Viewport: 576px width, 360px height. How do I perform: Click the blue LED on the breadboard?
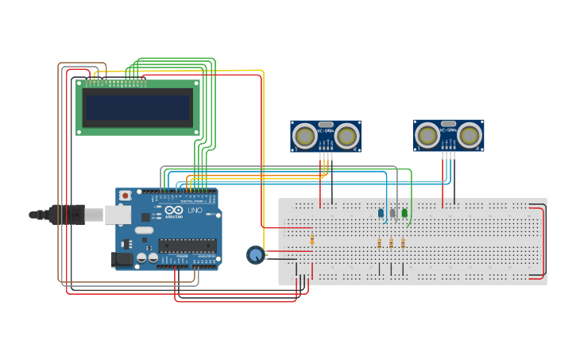pyautogui.click(x=381, y=213)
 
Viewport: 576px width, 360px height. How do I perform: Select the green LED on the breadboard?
pyautogui.click(x=404, y=213)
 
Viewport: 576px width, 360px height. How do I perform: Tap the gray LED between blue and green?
pyautogui.click(x=392, y=213)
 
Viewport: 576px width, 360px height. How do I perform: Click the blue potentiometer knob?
pyautogui.click(x=255, y=254)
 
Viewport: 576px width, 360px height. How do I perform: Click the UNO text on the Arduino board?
pyautogui.click(x=195, y=210)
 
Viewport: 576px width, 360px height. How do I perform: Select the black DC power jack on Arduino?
pyautogui.click(x=122, y=259)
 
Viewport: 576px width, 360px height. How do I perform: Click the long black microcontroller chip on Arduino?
pyautogui.click(x=187, y=245)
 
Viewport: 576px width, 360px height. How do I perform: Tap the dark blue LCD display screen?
pyautogui.click(x=138, y=107)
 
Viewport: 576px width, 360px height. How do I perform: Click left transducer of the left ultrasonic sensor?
pyautogui.click(x=304, y=136)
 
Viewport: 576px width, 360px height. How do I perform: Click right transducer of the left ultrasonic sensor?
pyautogui.click(x=347, y=136)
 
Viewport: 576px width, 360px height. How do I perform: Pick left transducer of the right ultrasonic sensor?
pyautogui.click(x=427, y=135)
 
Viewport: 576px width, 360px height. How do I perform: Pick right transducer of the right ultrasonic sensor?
pyautogui.click(x=470, y=135)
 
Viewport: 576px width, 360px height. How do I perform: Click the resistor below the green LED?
pyautogui.click(x=403, y=243)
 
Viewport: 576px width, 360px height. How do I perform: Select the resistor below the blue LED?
pyautogui.click(x=380, y=243)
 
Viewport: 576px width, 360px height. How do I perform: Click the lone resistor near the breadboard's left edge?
pyautogui.click(x=312, y=239)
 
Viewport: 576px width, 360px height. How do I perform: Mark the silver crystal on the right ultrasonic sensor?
pyautogui.click(x=449, y=124)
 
